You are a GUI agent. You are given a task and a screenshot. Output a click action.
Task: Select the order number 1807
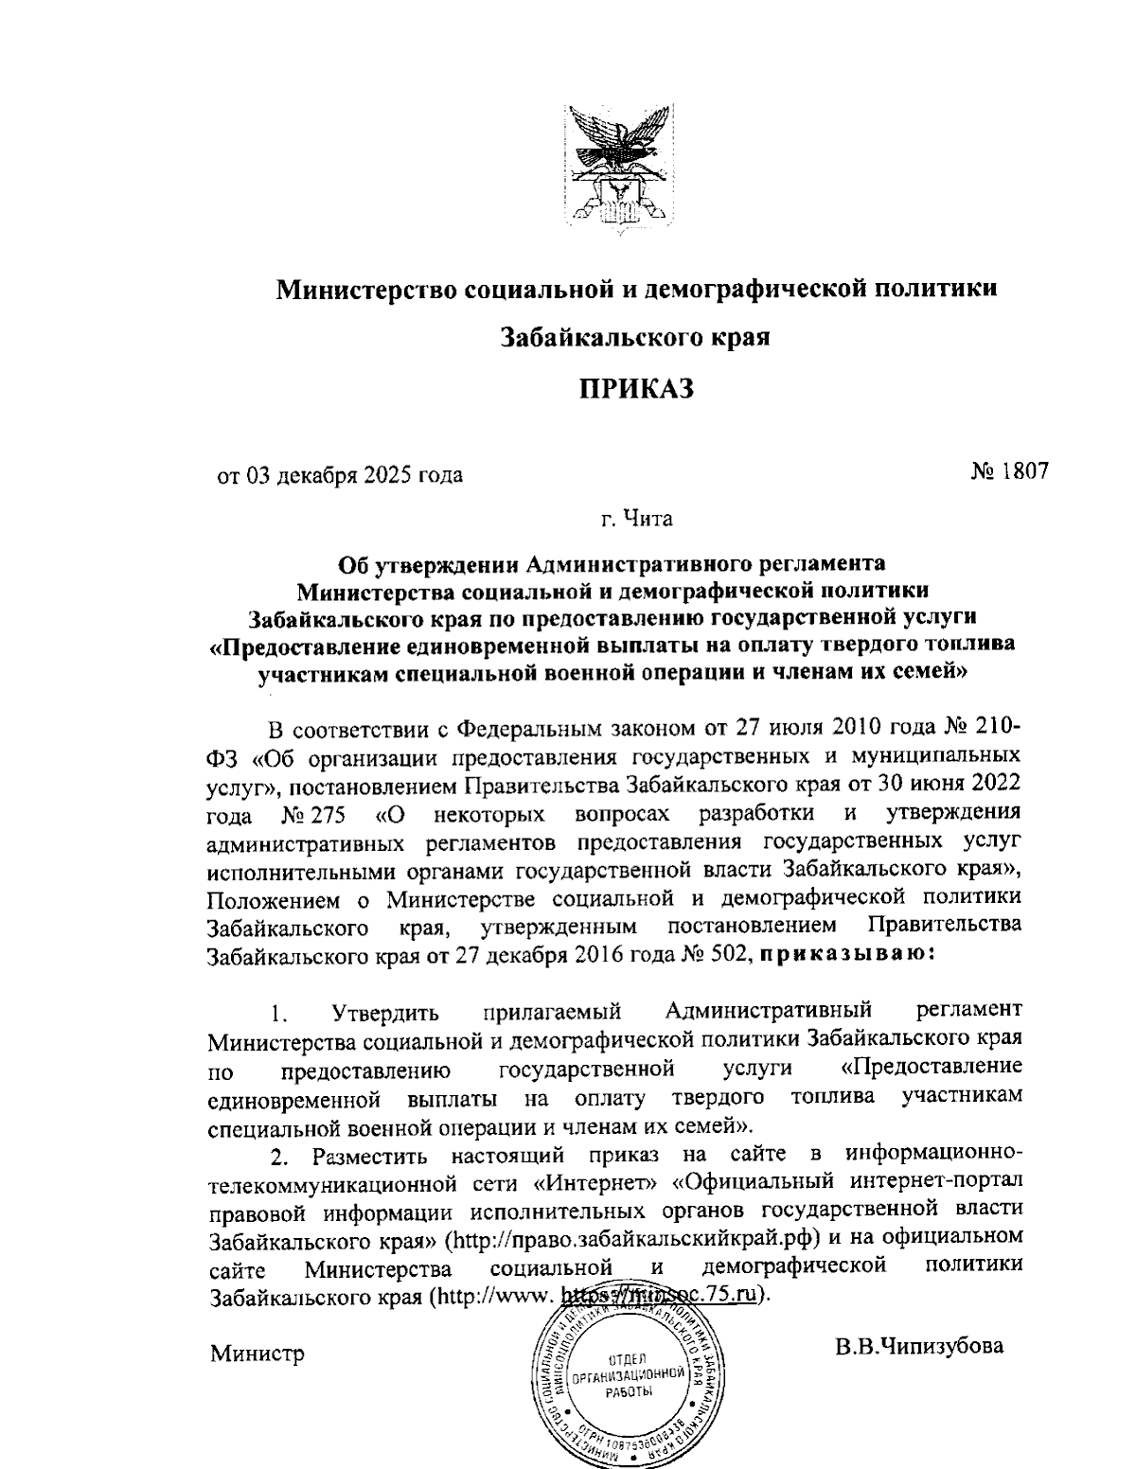[x=1021, y=469]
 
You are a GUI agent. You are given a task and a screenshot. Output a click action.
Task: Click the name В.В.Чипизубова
[x=918, y=1345]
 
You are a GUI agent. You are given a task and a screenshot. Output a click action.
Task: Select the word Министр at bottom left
[x=257, y=1354]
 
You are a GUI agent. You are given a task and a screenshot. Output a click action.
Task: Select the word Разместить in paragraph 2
[x=375, y=1156]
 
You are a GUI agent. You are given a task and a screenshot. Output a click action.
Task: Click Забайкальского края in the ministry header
[x=632, y=337]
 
